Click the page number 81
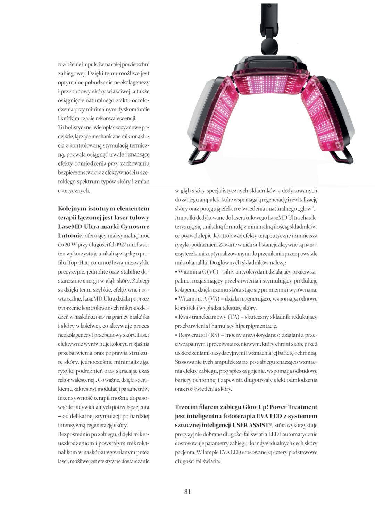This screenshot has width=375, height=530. (x=187, y=491)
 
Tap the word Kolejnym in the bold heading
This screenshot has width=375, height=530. (x=71, y=209)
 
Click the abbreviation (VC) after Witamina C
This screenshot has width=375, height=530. (x=212, y=272)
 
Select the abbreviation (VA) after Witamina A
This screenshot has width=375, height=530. (x=213, y=299)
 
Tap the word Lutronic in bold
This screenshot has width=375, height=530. (x=70, y=236)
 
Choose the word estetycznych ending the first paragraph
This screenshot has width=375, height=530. (x=74, y=191)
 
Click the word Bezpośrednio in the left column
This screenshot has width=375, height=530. (x=74, y=434)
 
